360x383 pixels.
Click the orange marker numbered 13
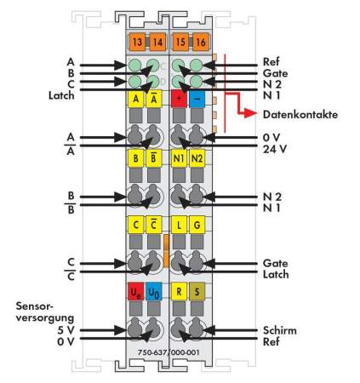(x=136, y=41)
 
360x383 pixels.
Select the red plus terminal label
(x=179, y=99)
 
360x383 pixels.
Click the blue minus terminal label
(x=197, y=99)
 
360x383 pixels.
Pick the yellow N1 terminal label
(x=179, y=159)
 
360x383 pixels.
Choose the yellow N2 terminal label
(x=197, y=159)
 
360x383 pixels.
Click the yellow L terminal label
(x=179, y=225)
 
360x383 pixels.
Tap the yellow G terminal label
(x=197, y=225)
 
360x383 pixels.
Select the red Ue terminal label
(x=135, y=292)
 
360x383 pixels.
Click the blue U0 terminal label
(x=153, y=292)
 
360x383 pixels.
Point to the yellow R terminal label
(x=179, y=292)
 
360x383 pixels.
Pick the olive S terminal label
(x=197, y=292)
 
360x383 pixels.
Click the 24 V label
(x=274, y=148)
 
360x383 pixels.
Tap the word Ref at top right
(x=271, y=61)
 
